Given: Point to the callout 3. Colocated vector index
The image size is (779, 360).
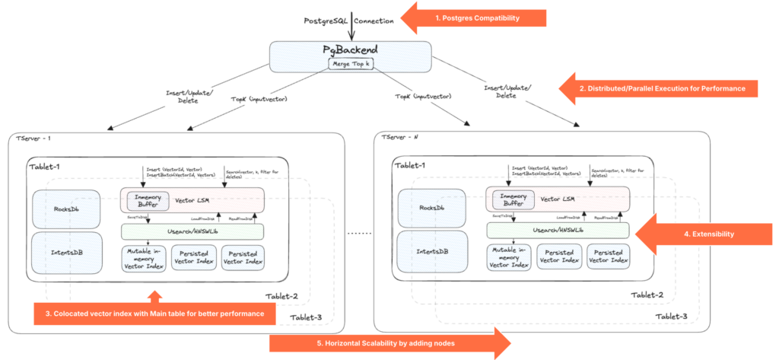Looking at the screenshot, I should point(152,313).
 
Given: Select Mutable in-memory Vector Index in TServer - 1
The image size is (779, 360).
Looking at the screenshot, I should point(144,256).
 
